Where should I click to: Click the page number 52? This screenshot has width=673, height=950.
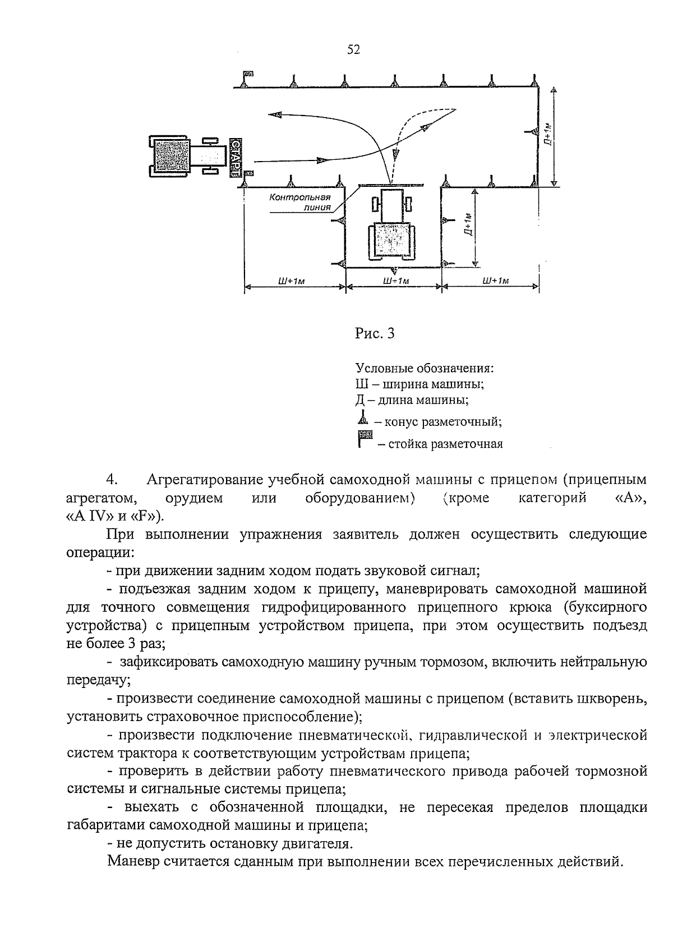click(353, 50)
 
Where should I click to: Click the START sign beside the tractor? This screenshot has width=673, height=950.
click(234, 157)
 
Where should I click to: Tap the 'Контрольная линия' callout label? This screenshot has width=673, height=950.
click(299, 202)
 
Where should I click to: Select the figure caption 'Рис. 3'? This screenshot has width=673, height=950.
click(375, 333)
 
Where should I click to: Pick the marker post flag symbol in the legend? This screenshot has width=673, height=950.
click(365, 438)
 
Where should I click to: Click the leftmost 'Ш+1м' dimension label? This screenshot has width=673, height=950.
click(292, 281)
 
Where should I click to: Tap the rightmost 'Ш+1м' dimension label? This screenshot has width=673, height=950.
click(495, 281)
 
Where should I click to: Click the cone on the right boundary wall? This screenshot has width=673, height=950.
click(532, 131)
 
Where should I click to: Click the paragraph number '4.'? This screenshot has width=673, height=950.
click(110, 480)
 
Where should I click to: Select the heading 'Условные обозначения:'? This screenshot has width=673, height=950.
click(425, 369)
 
